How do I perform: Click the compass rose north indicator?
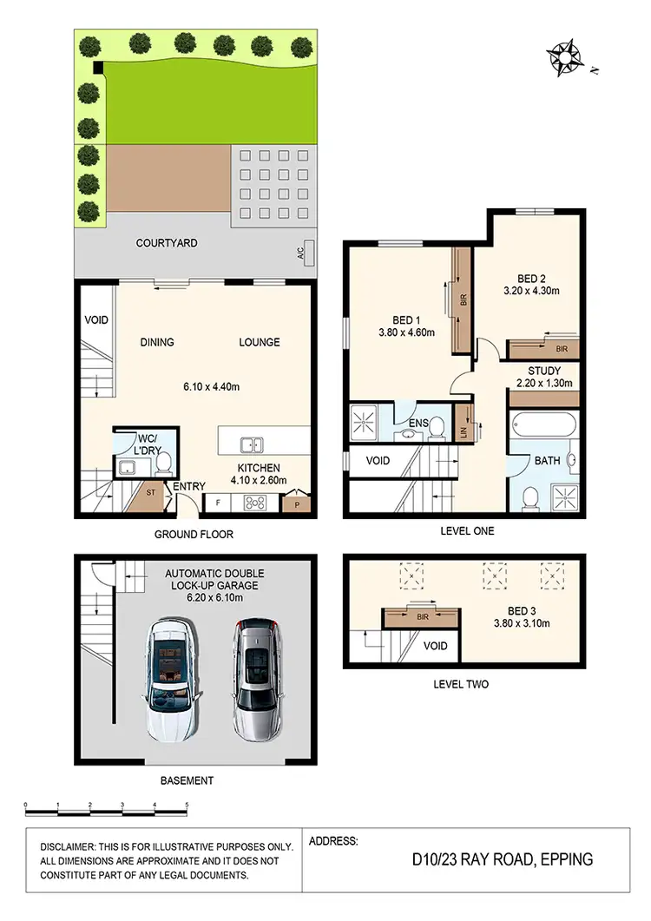pyautogui.click(x=567, y=58)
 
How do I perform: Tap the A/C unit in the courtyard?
pyautogui.click(x=310, y=253)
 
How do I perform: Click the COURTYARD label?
pyautogui.click(x=167, y=244)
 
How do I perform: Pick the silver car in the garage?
pyautogui.click(x=255, y=675)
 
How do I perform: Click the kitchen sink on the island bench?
pyautogui.click(x=253, y=445)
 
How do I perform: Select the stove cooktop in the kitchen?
pyautogui.click(x=257, y=501)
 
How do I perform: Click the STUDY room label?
pyautogui.click(x=544, y=371)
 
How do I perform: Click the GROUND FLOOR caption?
pyautogui.click(x=194, y=535)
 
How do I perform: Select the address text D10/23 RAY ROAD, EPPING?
pyautogui.click(x=503, y=860)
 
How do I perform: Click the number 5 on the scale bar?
pyautogui.click(x=187, y=806)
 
